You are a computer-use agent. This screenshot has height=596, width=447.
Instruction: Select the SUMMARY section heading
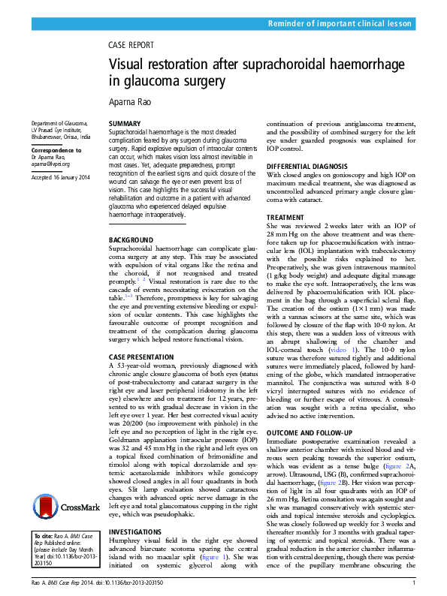click(124, 122)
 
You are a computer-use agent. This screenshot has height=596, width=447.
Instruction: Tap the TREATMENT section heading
click(286, 218)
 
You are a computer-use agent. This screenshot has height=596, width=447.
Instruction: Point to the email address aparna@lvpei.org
click(50, 164)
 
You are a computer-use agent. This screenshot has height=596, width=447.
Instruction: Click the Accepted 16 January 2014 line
click(60, 177)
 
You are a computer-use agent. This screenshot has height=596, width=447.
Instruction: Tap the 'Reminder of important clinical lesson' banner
click(340, 25)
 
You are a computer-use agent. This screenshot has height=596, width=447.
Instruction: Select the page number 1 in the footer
click(414, 583)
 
